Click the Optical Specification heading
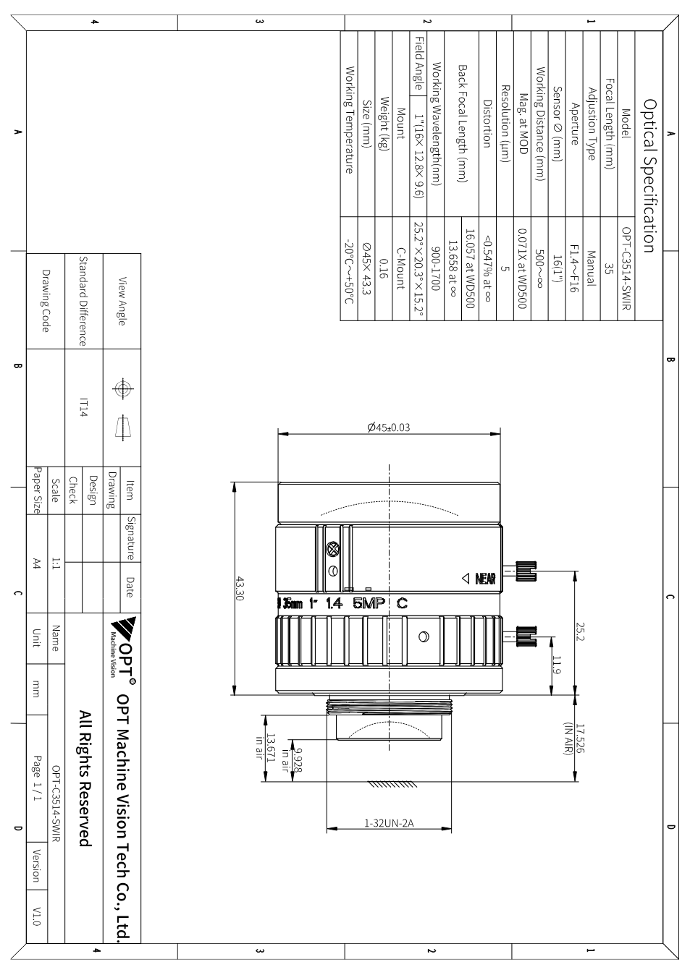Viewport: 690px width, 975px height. pyautogui.click(x=649, y=176)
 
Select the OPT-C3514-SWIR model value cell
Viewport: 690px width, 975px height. pyautogui.click(x=626, y=268)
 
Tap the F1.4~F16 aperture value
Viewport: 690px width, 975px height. pyautogui.click(x=574, y=268)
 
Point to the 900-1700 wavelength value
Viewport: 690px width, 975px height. pyautogui.click(x=436, y=268)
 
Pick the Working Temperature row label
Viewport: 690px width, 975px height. pyautogui.click(x=349, y=120)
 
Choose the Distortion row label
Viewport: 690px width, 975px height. pyautogui.click(x=487, y=124)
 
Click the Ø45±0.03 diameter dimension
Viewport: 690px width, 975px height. pyautogui.click(x=389, y=427)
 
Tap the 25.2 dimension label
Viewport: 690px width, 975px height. pyautogui.click(x=580, y=631)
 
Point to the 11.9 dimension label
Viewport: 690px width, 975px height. pyautogui.click(x=556, y=665)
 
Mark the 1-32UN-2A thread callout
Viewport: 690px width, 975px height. pyautogui.click(x=389, y=822)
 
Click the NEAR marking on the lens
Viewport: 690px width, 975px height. pyautogui.click(x=485, y=579)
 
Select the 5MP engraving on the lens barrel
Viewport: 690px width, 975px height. pyautogui.click(x=369, y=603)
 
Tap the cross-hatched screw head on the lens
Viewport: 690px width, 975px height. pyautogui.click(x=333, y=549)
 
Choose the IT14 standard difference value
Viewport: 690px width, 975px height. pyautogui.click(x=84, y=407)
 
